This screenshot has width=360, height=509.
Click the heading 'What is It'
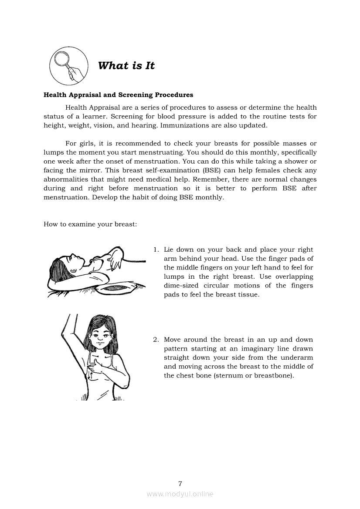coord(126,66)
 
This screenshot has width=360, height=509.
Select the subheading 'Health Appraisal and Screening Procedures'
coord(118,94)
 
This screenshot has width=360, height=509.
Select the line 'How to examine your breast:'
coord(90,224)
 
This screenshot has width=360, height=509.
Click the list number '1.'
coord(156,249)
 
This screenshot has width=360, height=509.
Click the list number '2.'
coord(156,340)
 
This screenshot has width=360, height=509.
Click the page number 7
coord(180,483)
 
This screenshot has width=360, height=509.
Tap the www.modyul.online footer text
coord(180,494)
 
